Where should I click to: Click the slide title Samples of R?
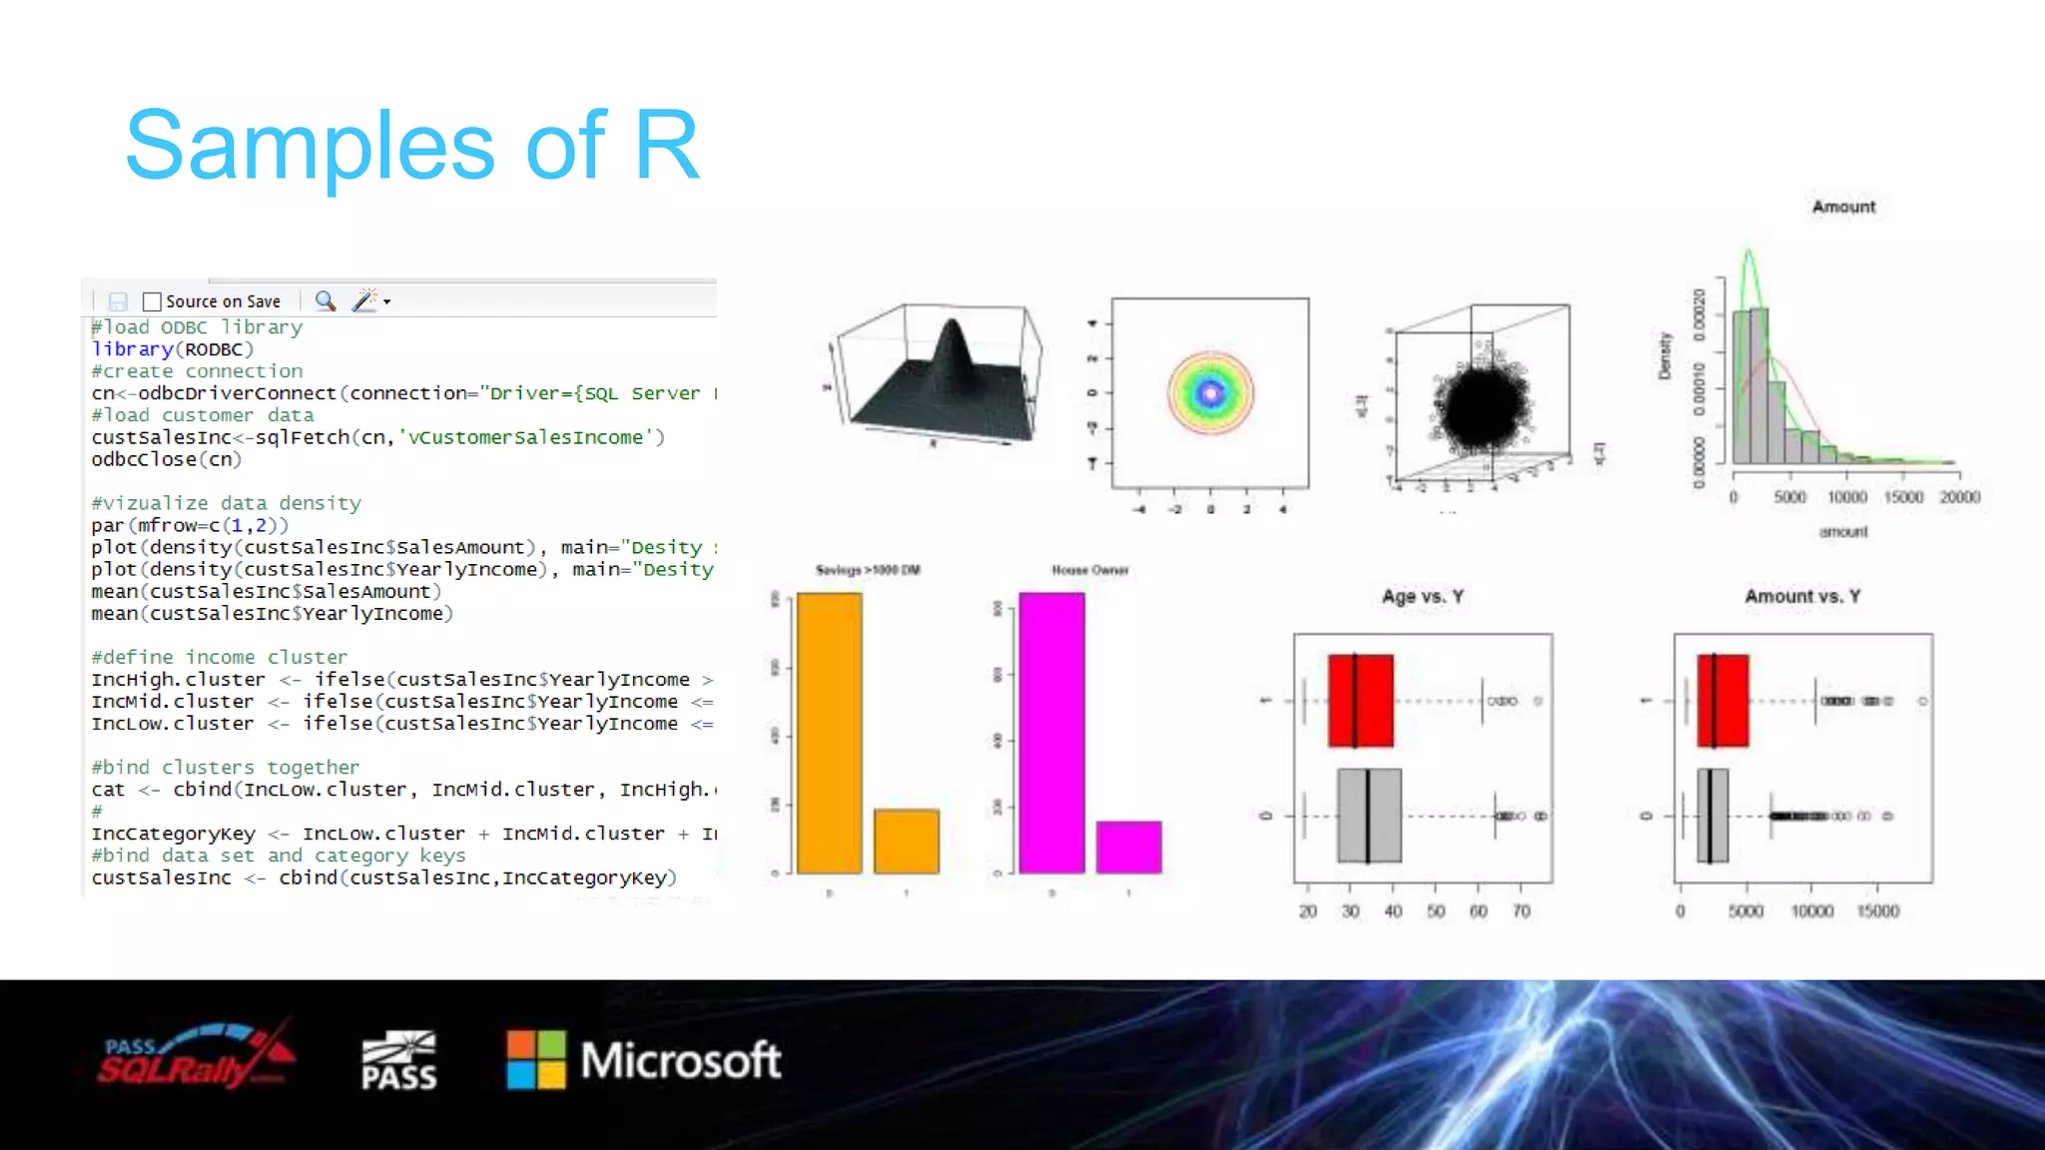pos(411,146)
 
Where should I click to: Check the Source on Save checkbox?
pos(152,301)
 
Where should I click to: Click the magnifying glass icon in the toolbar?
pos(325,300)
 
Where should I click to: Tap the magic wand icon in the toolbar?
pos(365,300)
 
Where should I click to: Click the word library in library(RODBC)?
pos(132,349)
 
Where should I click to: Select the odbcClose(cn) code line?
pos(166,460)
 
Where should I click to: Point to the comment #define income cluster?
pos(219,657)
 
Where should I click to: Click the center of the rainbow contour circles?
pos(1210,393)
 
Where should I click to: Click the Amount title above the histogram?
pos(1843,207)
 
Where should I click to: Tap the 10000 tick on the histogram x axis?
pos(1846,497)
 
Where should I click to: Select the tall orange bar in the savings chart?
pos(829,733)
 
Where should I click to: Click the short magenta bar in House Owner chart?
pos(1128,847)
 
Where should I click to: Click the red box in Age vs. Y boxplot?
pos(1361,701)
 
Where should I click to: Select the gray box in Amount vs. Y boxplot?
pos(1712,816)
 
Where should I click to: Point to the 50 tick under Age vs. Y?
pos(1436,911)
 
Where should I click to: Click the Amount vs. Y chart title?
pos(1802,597)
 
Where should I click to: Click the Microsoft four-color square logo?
pos(536,1059)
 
